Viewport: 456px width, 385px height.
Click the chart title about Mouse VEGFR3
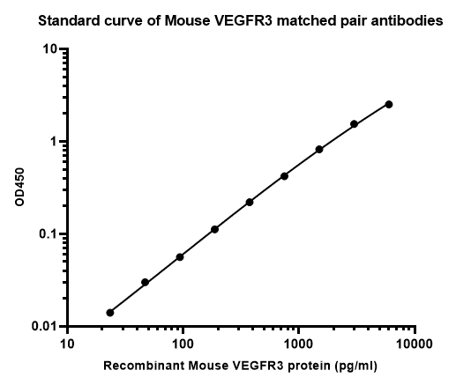[241, 21]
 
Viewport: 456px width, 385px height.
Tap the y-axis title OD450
[19, 187]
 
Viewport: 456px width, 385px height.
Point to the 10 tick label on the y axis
[50, 48]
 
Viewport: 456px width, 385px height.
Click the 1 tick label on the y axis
[54, 141]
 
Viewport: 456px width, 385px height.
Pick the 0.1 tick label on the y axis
[49, 234]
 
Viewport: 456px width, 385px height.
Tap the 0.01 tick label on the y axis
[45, 326]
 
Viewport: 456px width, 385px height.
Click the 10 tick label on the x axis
[67, 344]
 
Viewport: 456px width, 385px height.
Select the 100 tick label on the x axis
[183, 344]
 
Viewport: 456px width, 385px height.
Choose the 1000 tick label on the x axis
[299, 344]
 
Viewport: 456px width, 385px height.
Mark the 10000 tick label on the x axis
[415, 344]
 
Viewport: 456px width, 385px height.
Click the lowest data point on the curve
[110, 313]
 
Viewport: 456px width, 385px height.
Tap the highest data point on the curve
[389, 104]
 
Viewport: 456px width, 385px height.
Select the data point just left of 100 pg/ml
[180, 257]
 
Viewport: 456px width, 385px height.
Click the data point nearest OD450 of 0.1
[214, 229]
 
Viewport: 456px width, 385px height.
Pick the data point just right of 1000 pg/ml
[319, 149]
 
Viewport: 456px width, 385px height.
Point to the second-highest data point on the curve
[354, 124]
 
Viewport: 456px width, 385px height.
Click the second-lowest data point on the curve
[145, 282]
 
